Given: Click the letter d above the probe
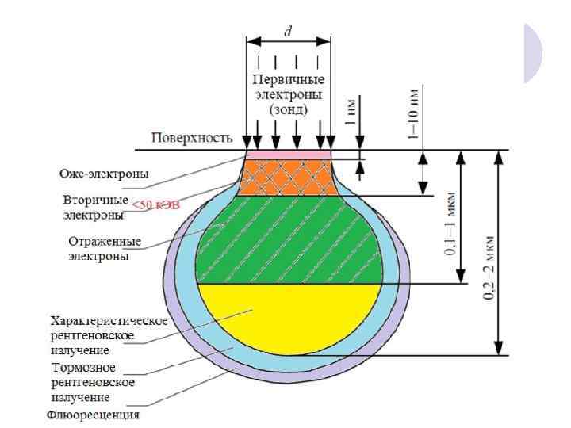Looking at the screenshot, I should [288, 32].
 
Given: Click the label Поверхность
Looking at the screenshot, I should [192, 139].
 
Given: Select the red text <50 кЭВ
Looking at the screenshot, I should [156, 205].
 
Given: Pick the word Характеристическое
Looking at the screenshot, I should [109, 321].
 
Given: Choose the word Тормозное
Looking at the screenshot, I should [83, 369].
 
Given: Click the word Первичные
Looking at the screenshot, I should [288, 80].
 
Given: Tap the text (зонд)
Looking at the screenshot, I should [288, 109].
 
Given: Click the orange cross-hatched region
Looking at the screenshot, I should [286, 176].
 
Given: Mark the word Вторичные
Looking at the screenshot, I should [94, 199].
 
